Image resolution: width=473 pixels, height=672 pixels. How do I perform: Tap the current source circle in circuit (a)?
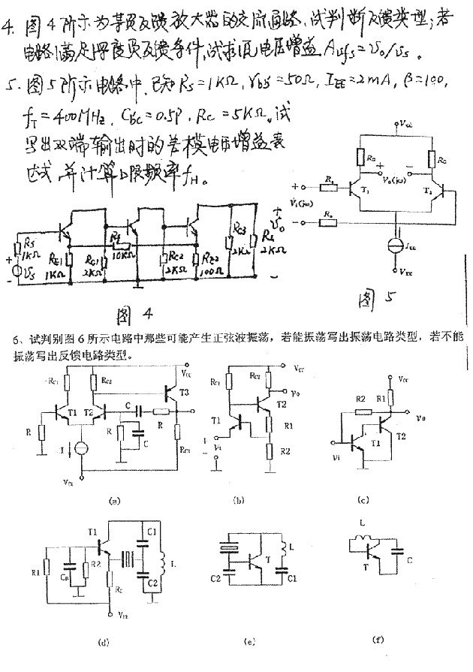click(82, 447)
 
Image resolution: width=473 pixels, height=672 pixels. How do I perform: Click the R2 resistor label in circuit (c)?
click(360, 396)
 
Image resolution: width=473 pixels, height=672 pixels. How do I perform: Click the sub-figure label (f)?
click(380, 640)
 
